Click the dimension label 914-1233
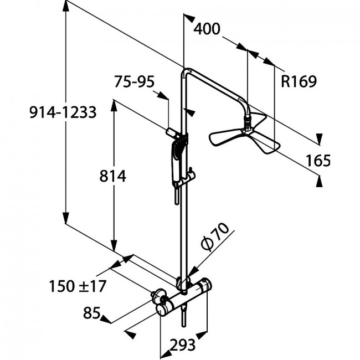coord(63,112)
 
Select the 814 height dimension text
coord(113,176)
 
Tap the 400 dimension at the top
coord(207,29)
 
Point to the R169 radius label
coord(299,81)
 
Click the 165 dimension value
coord(318,160)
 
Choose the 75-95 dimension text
coord(135,81)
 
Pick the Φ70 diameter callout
coord(215,236)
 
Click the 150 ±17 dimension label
coord(78,286)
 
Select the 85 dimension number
coord(92,312)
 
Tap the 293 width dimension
coord(183,344)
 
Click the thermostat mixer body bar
coord(184,297)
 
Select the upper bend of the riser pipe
coord(187,71)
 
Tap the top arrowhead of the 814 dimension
coord(114,105)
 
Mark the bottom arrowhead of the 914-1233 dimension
coord(66,218)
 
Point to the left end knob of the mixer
coord(161,310)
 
